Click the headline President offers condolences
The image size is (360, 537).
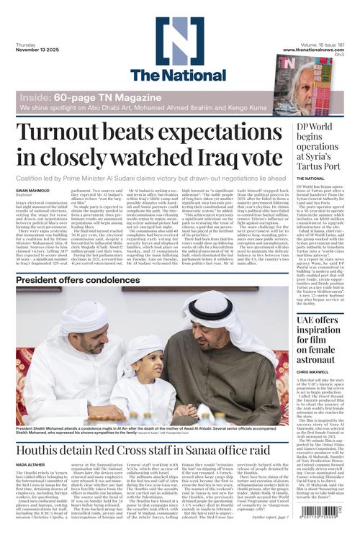coord(78,279)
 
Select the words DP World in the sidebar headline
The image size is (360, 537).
coord(318,127)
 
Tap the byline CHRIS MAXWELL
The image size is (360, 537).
coord(313,372)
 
